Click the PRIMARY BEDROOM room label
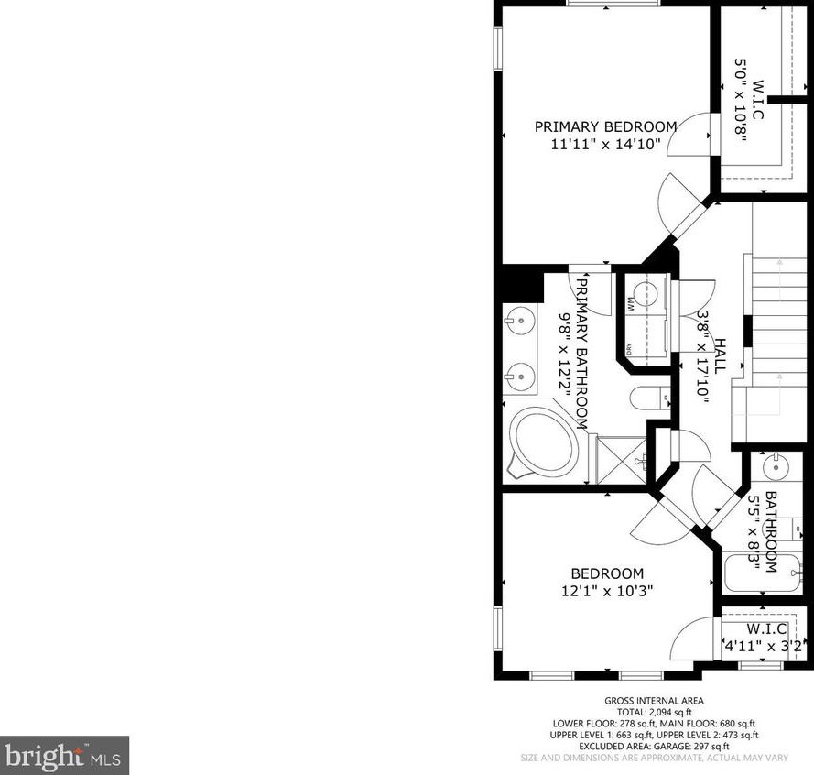pyautogui.click(x=605, y=126)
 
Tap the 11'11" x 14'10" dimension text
pyautogui.click(x=605, y=144)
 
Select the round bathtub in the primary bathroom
pyautogui.click(x=544, y=442)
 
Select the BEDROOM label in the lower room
pyautogui.click(x=607, y=573)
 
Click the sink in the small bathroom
pyautogui.click(x=776, y=465)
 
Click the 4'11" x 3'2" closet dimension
pyautogui.click(x=763, y=646)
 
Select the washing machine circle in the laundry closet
pyautogui.click(x=646, y=294)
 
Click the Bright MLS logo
pyautogui.click(x=64, y=755)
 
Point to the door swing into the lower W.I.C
pyautogui.click(x=694, y=638)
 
